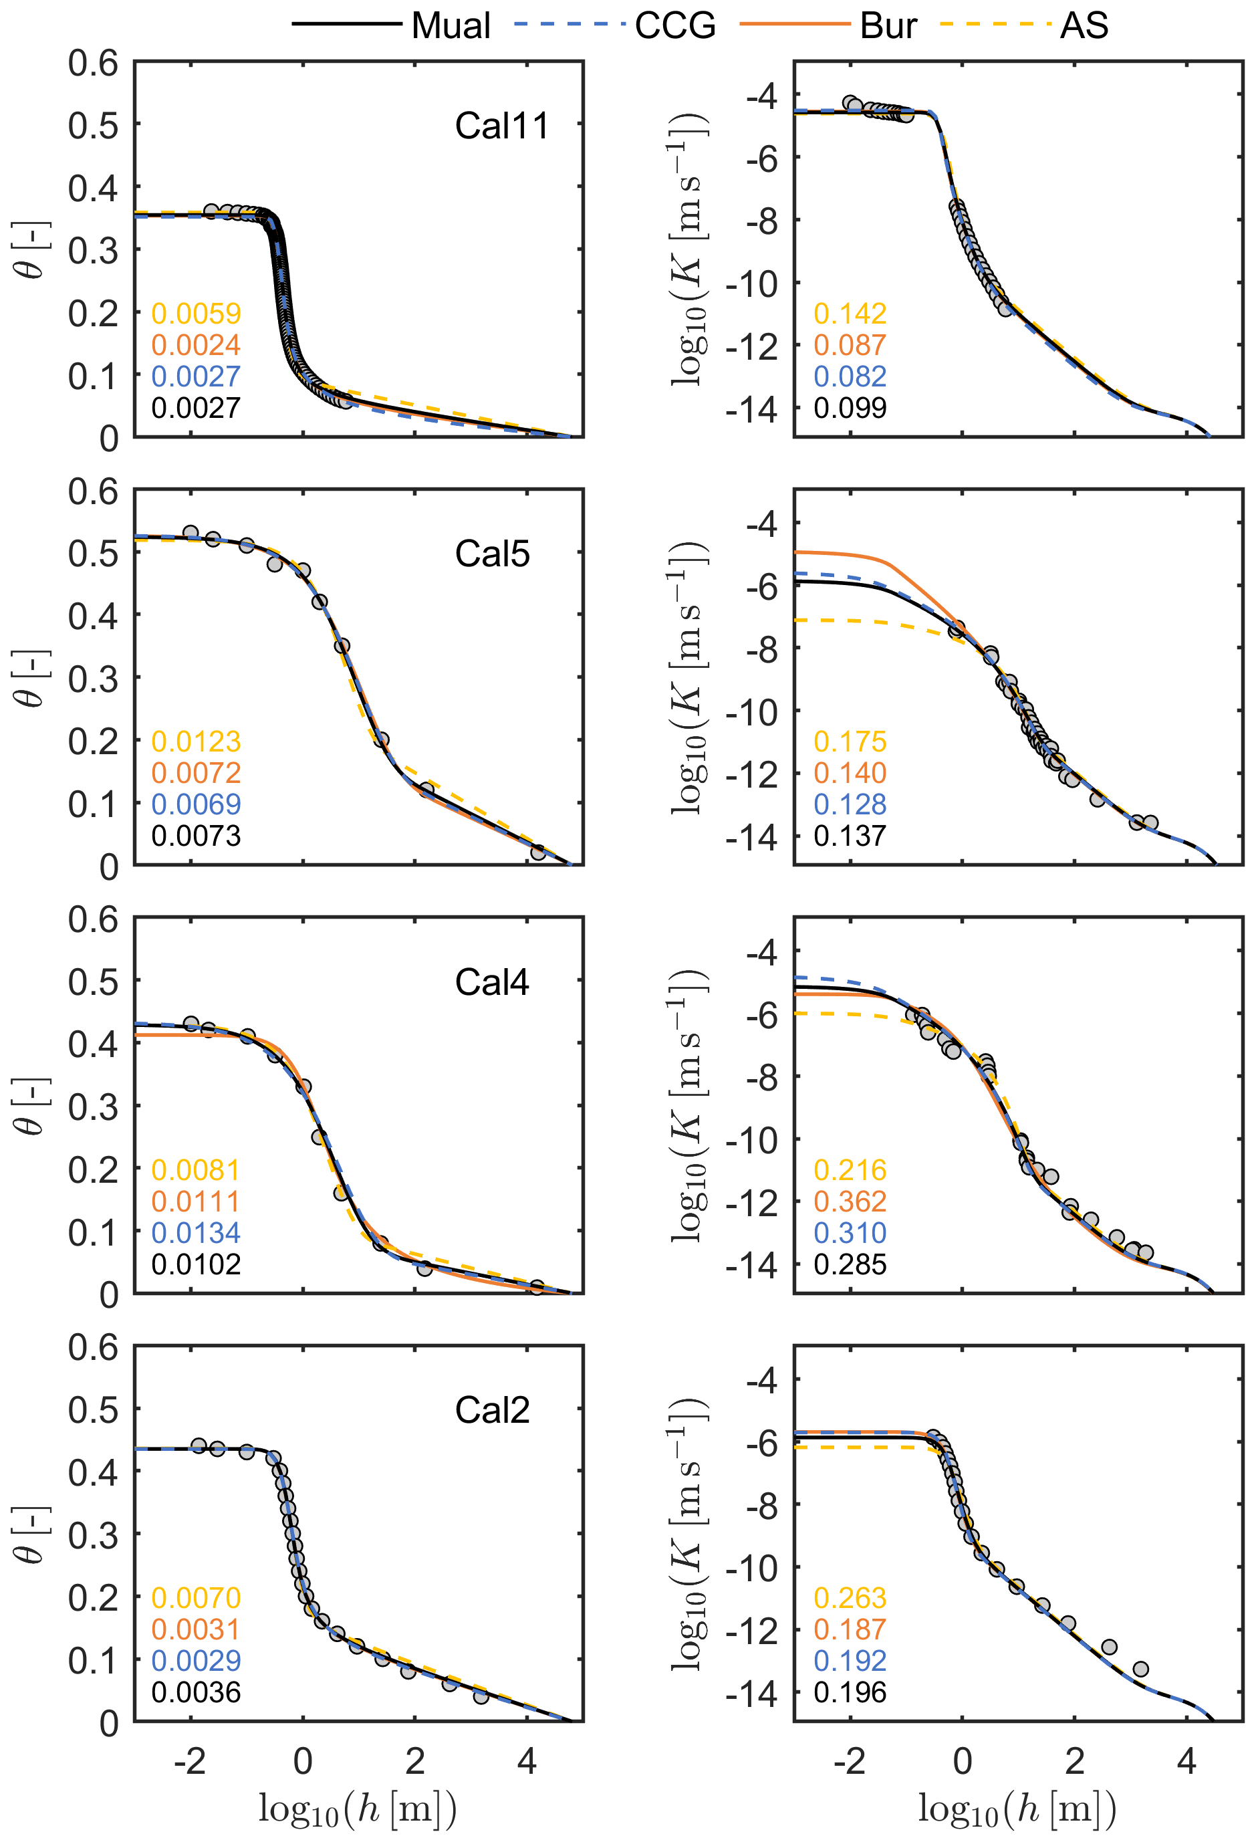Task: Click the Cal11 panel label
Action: (x=501, y=126)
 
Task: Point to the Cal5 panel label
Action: (x=492, y=554)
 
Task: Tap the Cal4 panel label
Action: (x=492, y=982)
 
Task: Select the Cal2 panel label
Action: (x=492, y=1410)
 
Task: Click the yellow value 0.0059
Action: (x=196, y=314)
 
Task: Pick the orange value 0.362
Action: (x=850, y=1201)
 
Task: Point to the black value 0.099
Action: (x=850, y=409)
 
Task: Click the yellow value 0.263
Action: (x=850, y=1598)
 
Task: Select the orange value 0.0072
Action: (x=196, y=773)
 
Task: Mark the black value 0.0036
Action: (x=196, y=1692)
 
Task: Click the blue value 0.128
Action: (x=850, y=804)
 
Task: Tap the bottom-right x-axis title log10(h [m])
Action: (x=1017, y=1808)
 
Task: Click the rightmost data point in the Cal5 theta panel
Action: (x=538, y=852)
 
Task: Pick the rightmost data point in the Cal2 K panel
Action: (x=1140, y=1670)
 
